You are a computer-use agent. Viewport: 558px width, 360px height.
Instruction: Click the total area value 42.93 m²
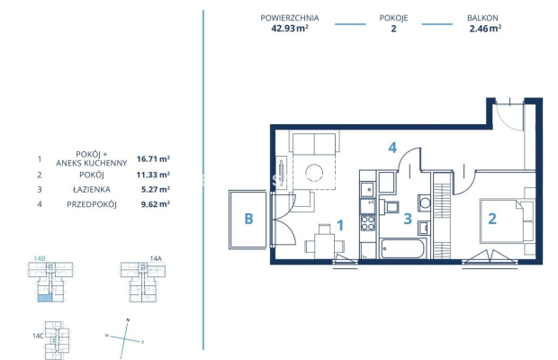290,29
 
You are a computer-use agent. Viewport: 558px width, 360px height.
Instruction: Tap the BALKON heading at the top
482,18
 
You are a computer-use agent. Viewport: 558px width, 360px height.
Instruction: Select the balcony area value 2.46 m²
485,29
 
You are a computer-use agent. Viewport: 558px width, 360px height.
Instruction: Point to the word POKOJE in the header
393,18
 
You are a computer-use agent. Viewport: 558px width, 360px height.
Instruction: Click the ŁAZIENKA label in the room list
92,190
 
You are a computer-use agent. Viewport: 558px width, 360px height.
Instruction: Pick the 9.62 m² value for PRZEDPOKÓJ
156,204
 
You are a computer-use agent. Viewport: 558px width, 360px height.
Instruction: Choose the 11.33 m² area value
153,175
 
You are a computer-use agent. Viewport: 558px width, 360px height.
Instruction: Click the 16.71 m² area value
153,158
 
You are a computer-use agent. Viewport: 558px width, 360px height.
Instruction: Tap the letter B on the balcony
248,219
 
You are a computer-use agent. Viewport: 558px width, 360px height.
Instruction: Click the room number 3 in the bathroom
408,219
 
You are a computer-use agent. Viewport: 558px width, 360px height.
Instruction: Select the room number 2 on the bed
492,219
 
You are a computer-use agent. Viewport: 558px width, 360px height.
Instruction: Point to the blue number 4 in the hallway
392,148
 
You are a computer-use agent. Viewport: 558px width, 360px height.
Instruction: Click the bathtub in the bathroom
402,248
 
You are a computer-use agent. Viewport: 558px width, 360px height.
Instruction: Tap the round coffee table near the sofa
314,173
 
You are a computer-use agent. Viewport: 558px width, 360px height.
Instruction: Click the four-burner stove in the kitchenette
368,223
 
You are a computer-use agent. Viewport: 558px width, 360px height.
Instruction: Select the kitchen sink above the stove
367,190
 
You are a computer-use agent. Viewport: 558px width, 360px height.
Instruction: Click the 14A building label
156,258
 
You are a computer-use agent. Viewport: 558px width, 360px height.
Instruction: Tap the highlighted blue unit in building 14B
45,298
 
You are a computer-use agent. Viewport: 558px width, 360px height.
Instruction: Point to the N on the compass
128,320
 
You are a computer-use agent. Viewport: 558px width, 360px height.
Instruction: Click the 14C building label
38,336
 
